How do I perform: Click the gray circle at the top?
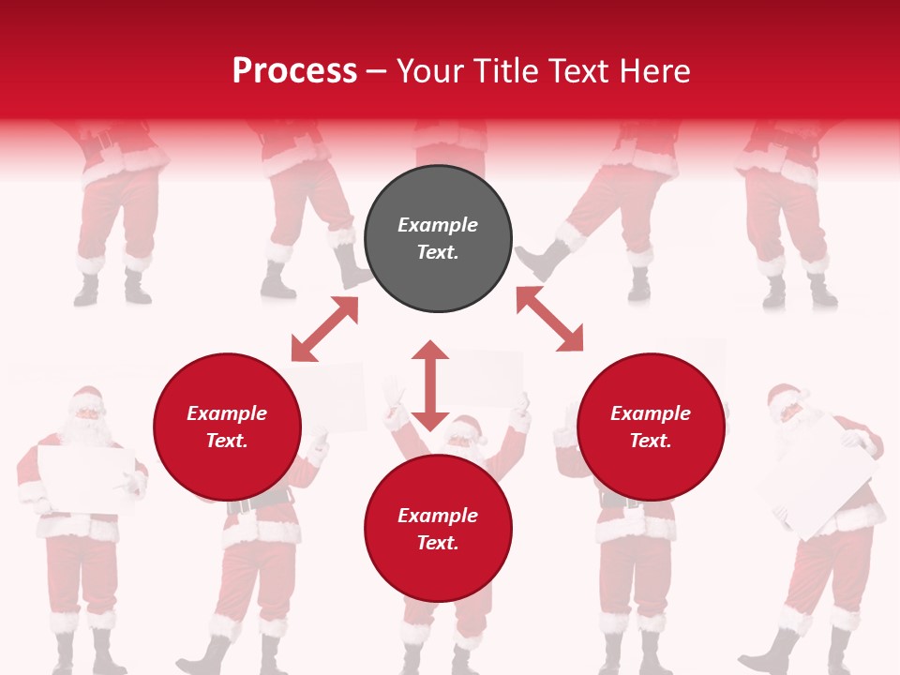(x=438, y=239)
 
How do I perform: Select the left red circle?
(x=227, y=427)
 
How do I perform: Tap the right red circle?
(x=651, y=427)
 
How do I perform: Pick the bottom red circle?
(x=438, y=529)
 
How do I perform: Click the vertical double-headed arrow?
(x=430, y=385)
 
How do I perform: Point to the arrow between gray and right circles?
(x=549, y=319)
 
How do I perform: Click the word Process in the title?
(x=294, y=70)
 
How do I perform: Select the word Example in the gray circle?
(x=438, y=225)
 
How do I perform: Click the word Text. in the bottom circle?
(x=438, y=543)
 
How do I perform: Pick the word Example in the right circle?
(x=651, y=413)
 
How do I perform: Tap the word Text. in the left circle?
(x=227, y=441)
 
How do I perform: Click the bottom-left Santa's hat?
(x=86, y=397)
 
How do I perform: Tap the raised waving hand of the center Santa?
(x=392, y=390)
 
